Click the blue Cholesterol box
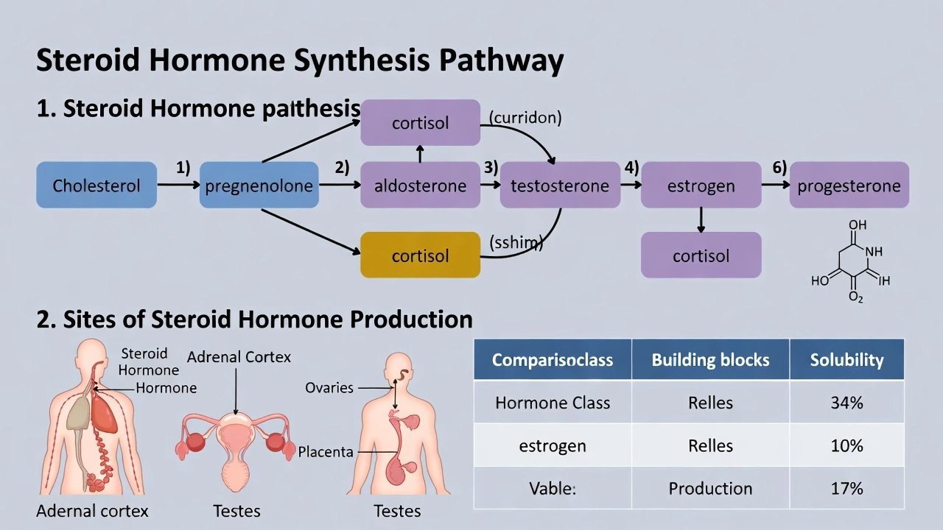(x=97, y=185)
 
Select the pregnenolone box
(x=259, y=185)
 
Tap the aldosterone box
(x=420, y=185)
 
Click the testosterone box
(x=560, y=185)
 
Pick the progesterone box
(x=849, y=185)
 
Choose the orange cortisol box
(x=420, y=255)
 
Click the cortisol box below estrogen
(x=701, y=255)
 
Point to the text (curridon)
(x=525, y=118)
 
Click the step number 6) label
(x=779, y=167)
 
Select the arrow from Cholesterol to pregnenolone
(x=178, y=185)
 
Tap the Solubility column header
(x=846, y=360)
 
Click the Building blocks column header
(x=710, y=360)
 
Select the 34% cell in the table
(x=846, y=403)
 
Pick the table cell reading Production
(x=710, y=488)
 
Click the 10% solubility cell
(x=846, y=445)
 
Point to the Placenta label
(x=326, y=451)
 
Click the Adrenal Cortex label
(x=239, y=357)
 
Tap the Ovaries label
(x=329, y=387)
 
